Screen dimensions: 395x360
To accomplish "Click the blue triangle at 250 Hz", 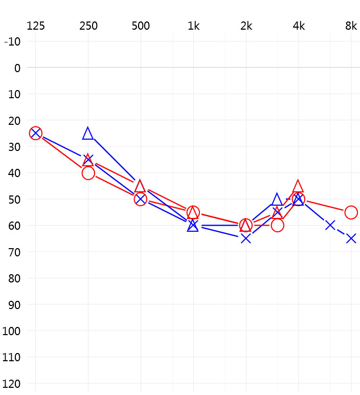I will click(x=88, y=134).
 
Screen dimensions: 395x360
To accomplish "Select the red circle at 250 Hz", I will click(x=88, y=173).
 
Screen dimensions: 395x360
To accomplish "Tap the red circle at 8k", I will click(x=351, y=212).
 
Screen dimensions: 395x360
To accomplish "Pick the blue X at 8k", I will click(x=351, y=238).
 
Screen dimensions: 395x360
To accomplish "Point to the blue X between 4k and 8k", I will click(x=330, y=225).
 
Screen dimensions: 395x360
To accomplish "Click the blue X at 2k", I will click(x=246, y=238).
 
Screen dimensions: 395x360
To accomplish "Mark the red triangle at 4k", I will click(x=299, y=186).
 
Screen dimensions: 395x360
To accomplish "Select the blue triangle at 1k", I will click(x=193, y=226).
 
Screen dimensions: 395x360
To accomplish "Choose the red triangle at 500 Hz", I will click(x=140, y=186).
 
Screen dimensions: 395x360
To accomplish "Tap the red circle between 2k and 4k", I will click(x=277, y=225).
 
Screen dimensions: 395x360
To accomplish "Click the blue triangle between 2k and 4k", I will click(x=277, y=200).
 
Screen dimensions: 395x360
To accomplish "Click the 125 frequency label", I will click(x=35, y=26).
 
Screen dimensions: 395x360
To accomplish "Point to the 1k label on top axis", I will click(x=193, y=26).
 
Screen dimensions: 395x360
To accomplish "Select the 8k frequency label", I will click(x=351, y=26).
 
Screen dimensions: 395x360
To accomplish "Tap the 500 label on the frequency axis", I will click(x=141, y=26).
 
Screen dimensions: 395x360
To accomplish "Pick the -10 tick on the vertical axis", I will click(x=12, y=41).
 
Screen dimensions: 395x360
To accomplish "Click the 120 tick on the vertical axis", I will click(x=12, y=383).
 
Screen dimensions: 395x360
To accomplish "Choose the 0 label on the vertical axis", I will click(x=17, y=68).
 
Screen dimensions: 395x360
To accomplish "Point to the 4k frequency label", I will click(x=299, y=26).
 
